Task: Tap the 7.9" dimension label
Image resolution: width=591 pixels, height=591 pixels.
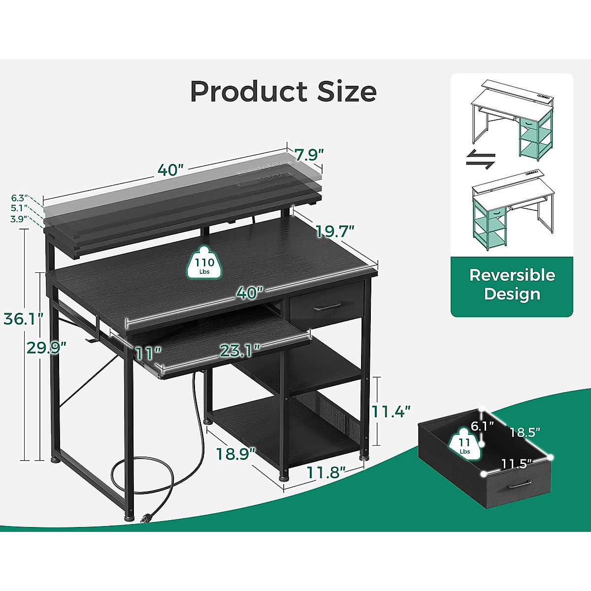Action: pyautogui.click(x=309, y=154)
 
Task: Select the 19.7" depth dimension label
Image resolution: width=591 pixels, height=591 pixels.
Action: pyautogui.click(x=335, y=230)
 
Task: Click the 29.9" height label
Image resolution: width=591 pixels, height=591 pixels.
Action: pyautogui.click(x=45, y=348)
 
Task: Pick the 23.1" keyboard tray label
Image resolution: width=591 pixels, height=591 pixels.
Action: pyautogui.click(x=240, y=351)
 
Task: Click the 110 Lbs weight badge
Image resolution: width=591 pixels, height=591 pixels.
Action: pyautogui.click(x=204, y=266)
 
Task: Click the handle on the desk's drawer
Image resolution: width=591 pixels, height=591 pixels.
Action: pyautogui.click(x=328, y=308)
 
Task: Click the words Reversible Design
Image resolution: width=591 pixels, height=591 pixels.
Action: pyautogui.click(x=512, y=284)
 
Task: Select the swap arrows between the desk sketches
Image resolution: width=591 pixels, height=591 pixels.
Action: pyautogui.click(x=480, y=160)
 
